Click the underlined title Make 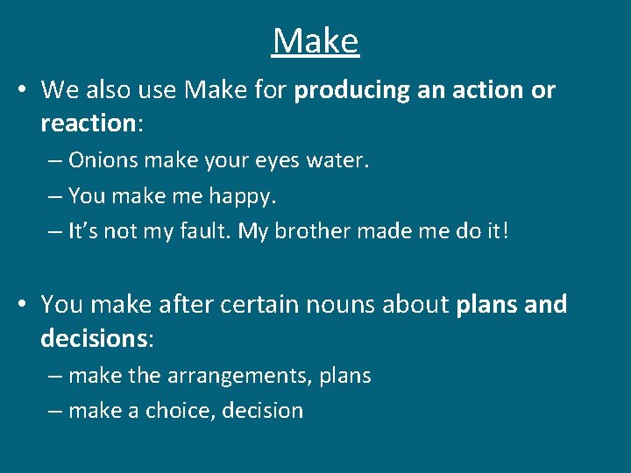pyautogui.click(x=315, y=41)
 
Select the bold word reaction pyautogui.click(x=87, y=123)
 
